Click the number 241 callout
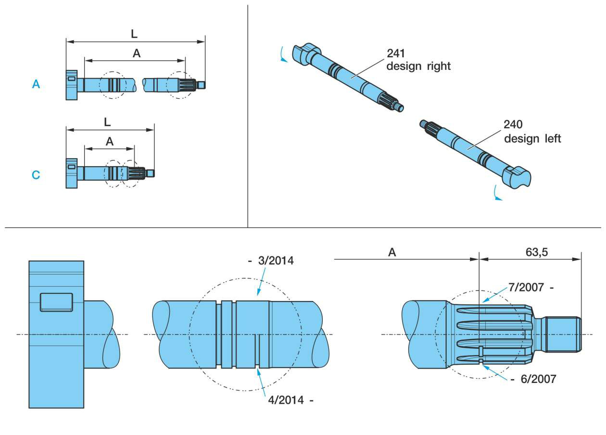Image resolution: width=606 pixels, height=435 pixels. [x=396, y=53]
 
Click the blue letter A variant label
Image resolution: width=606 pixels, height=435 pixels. [x=36, y=85]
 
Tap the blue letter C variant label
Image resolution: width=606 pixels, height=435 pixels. [x=36, y=175]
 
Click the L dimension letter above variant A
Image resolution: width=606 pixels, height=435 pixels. [x=134, y=34]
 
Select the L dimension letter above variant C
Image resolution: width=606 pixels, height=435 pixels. [x=107, y=122]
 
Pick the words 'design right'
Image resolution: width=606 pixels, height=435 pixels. [x=418, y=66]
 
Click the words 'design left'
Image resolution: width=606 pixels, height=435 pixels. [x=532, y=138]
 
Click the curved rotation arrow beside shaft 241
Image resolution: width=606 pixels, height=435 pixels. [x=283, y=56]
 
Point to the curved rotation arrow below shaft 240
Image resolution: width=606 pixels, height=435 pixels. [x=494, y=194]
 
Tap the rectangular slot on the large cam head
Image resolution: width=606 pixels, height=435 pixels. [x=56, y=302]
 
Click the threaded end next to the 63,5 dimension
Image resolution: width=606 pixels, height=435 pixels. [x=563, y=333]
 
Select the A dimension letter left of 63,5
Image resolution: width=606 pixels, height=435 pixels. [x=392, y=252]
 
